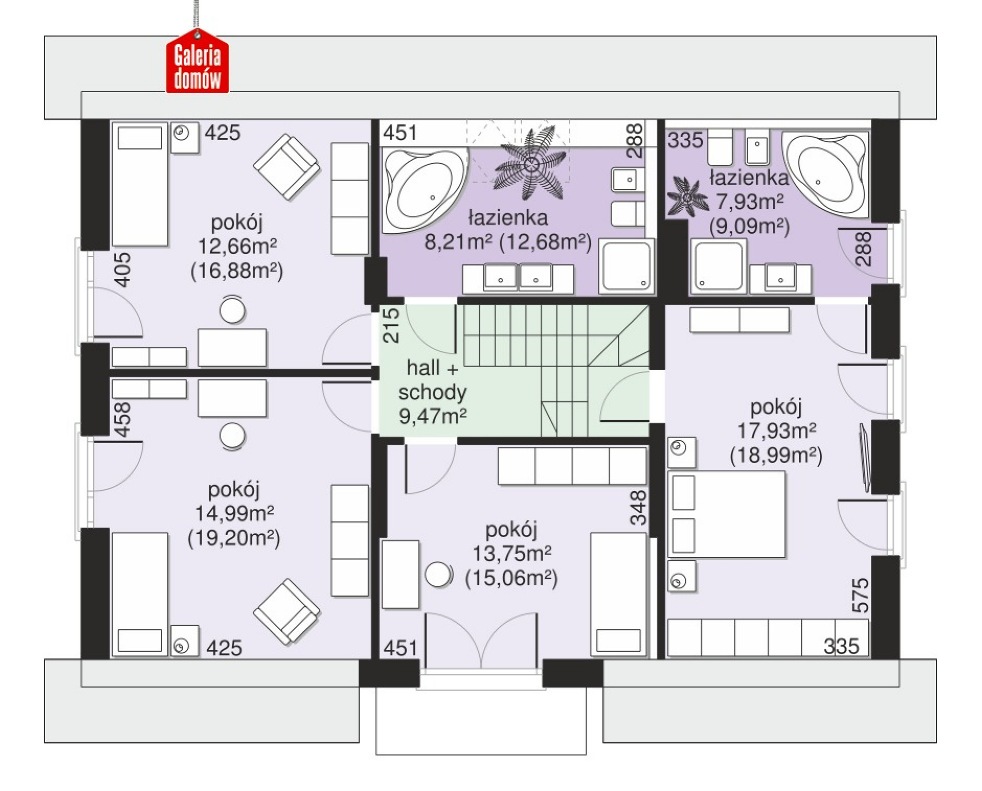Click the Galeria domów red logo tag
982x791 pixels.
pyautogui.click(x=197, y=61)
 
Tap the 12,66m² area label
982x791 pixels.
pyautogui.click(x=237, y=246)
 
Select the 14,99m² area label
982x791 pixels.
pyautogui.click(x=235, y=513)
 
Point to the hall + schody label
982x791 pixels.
pyautogui.click(x=432, y=380)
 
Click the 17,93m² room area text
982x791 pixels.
pyautogui.click(x=776, y=431)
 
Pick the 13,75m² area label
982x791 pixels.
pyautogui.click(x=511, y=553)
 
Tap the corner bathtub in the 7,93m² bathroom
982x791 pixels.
pyautogui.click(x=825, y=174)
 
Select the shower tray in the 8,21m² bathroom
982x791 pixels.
pyautogui.click(x=627, y=266)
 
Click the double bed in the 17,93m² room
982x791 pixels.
pyautogui.click(x=726, y=514)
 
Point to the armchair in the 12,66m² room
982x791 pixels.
pyautogui.click(x=287, y=167)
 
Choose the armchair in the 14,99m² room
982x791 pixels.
pyautogui.click(x=287, y=611)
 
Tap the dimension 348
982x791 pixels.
pyautogui.click(x=638, y=508)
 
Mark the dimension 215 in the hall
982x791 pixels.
pyautogui.click(x=391, y=325)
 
